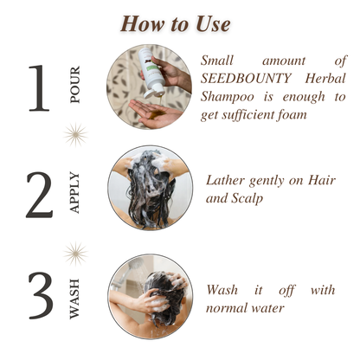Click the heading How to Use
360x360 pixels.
click(175, 24)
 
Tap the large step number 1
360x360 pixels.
click(39, 88)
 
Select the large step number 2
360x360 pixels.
click(40, 195)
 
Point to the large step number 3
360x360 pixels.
click(41, 295)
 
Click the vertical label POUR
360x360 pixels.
click(74, 85)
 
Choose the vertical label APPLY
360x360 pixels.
click(74, 193)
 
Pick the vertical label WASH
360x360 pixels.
click(74, 299)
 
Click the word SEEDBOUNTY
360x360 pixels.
click(246, 79)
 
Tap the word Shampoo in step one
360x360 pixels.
click(228, 97)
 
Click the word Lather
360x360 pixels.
click(225, 180)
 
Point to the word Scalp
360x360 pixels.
click(247, 198)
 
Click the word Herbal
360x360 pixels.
click(325, 79)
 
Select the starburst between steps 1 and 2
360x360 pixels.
click(75, 135)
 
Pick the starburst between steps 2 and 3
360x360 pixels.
click(75, 254)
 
